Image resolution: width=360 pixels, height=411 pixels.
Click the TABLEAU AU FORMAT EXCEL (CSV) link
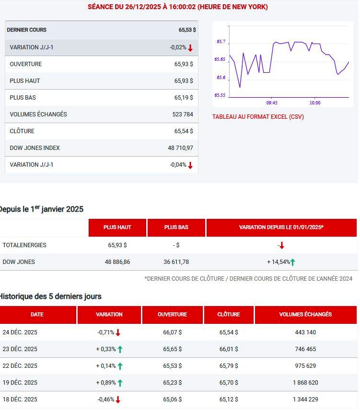tap(258, 117)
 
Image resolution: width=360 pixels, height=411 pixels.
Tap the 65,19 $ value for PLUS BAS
tap(184, 98)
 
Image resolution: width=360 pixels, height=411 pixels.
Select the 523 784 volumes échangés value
tap(183, 114)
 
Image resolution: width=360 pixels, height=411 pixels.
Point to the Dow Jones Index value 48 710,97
tap(180, 148)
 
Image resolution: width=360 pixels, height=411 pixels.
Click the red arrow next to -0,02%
tap(190, 48)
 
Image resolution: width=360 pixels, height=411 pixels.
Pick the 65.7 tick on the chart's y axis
tap(221, 42)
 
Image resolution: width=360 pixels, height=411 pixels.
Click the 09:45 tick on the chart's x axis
tap(272, 103)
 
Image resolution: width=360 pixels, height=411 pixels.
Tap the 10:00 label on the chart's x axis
tap(315, 103)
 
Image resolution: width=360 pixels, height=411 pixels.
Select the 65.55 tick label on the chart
tap(220, 95)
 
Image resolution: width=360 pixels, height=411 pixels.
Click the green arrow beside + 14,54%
tap(293, 262)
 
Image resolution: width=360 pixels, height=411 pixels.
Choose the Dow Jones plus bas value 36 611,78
tap(176, 262)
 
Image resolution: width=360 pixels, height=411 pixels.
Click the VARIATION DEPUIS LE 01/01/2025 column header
tap(281, 227)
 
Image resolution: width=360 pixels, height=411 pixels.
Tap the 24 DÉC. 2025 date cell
tap(20, 332)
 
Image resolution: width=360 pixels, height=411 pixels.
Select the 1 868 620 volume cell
tap(305, 382)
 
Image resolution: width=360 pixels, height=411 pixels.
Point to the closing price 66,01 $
tap(229, 349)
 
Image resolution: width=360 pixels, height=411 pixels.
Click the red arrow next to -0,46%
tap(118, 400)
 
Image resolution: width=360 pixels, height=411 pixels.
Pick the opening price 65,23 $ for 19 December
tap(172, 382)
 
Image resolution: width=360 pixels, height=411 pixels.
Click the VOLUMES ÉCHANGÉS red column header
tap(306, 314)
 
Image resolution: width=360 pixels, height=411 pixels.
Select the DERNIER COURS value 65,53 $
tap(187, 30)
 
